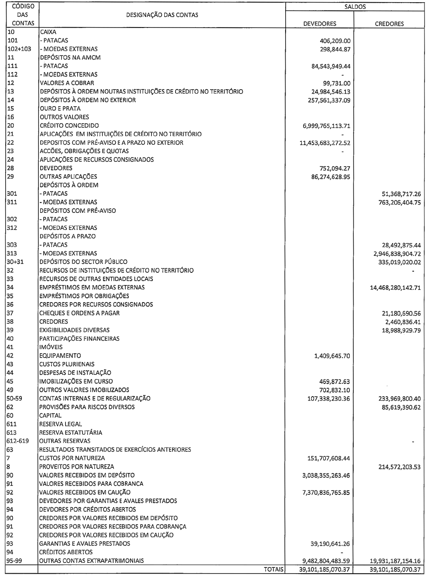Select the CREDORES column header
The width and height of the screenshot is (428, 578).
point(389,24)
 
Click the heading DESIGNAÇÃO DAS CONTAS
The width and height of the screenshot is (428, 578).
point(162,15)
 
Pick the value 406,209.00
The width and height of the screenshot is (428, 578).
point(335,41)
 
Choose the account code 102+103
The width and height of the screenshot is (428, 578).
point(19,49)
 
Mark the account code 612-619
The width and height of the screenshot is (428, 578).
point(18,441)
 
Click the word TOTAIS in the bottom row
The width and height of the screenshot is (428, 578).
point(273,569)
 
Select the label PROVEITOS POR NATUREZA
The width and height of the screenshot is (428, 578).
point(76,467)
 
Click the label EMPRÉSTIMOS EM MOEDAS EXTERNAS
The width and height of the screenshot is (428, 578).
point(92,288)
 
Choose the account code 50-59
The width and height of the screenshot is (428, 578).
point(15,398)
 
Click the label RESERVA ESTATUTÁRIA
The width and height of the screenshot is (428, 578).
point(71,432)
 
